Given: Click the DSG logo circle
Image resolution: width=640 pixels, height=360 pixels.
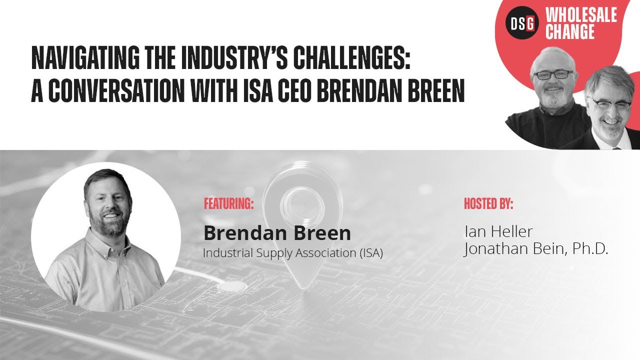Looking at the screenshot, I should pyautogui.click(x=522, y=23).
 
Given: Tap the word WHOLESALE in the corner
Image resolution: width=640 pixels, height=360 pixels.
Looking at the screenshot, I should pyautogui.click(x=581, y=15).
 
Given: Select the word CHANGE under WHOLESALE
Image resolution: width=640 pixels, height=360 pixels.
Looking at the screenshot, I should pyautogui.click(x=569, y=32).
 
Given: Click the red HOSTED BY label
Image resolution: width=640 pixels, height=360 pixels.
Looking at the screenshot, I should pyautogui.click(x=488, y=204).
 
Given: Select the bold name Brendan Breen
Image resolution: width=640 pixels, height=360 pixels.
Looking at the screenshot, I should pyautogui.click(x=277, y=233).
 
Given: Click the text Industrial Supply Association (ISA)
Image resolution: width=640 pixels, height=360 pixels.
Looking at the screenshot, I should pyautogui.click(x=292, y=253).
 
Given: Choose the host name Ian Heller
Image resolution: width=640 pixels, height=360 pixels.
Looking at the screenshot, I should pyautogui.click(x=498, y=231).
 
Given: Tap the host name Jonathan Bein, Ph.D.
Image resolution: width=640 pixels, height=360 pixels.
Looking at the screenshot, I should pyautogui.click(x=535, y=248).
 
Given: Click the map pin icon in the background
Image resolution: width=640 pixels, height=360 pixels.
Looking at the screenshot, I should pyautogui.click(x=295, y=210).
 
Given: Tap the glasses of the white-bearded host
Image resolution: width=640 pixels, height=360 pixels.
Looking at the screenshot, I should pyautogui.click(x=553, y=74).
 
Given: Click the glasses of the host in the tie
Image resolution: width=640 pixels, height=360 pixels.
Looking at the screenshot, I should pyautogui.click(x=610, y=103).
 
